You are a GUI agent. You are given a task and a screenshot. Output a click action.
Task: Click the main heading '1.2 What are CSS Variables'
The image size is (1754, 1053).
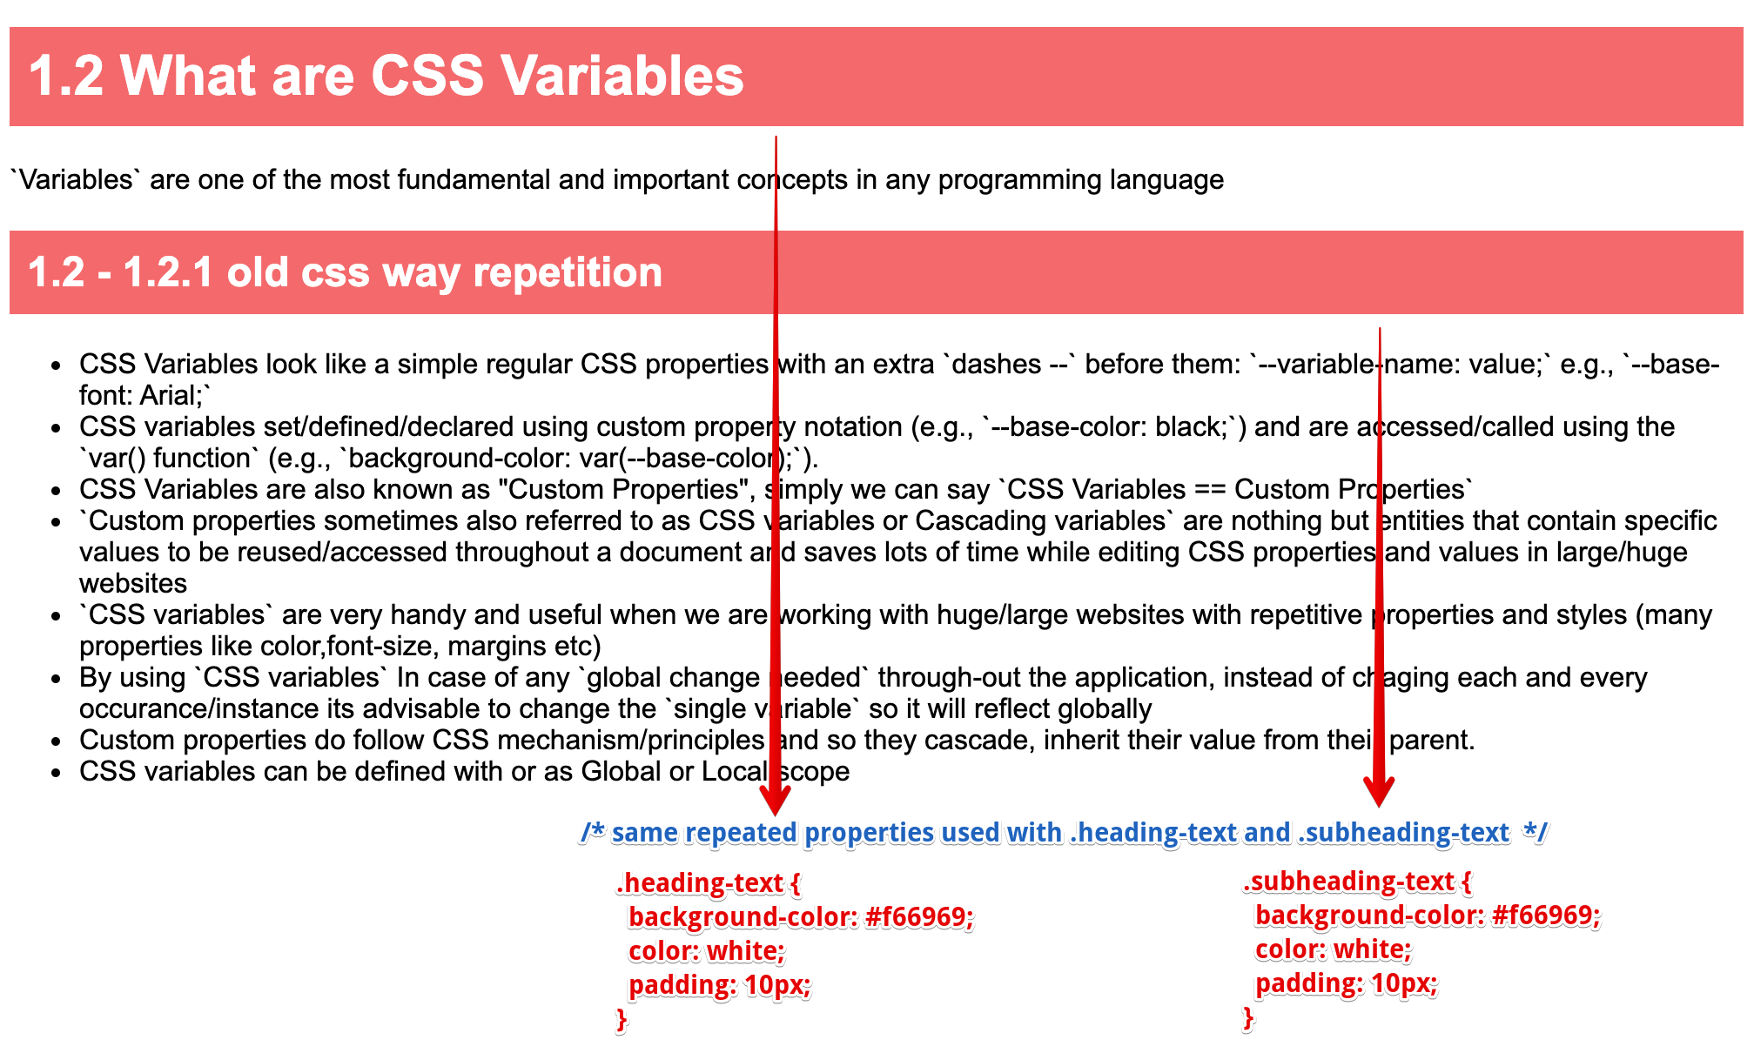coord(386,76)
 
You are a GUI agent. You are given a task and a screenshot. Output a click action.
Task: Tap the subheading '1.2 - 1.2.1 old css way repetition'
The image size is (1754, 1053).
coord(345,272)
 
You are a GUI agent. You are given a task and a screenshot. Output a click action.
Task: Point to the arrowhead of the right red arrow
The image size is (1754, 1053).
coord(1379,790)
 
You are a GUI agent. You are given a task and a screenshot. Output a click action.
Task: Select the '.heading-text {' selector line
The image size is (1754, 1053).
coord(708,883)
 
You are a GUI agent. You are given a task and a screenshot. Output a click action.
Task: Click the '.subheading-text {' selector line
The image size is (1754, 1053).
coord(1356,882)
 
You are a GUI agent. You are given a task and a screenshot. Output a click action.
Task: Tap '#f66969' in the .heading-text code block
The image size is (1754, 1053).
coord(918,916)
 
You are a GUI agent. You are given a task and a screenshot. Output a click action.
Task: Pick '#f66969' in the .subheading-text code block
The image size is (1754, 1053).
coord(1545,915)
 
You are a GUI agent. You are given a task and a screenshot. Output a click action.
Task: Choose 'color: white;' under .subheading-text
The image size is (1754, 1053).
coord(1333,949)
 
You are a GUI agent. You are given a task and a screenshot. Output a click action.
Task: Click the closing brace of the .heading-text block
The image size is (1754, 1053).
coord(622,1019)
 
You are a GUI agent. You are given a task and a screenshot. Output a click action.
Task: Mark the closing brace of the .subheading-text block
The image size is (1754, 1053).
coord(1248,1017)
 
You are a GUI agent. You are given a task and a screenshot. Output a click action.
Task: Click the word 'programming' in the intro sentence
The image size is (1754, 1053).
coord(1019,179)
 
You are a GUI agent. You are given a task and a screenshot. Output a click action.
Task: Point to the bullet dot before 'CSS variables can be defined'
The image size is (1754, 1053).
coord(57,773)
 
